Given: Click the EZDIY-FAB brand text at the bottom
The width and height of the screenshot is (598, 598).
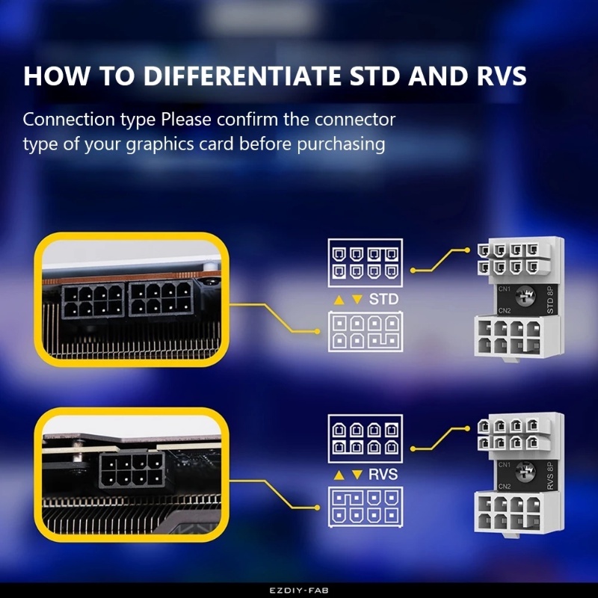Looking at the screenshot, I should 298,591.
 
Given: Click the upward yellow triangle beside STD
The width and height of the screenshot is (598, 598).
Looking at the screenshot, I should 338,300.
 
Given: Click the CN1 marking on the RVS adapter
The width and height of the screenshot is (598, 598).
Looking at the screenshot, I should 505,464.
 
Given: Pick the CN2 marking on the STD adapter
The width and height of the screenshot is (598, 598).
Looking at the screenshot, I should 505,310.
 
